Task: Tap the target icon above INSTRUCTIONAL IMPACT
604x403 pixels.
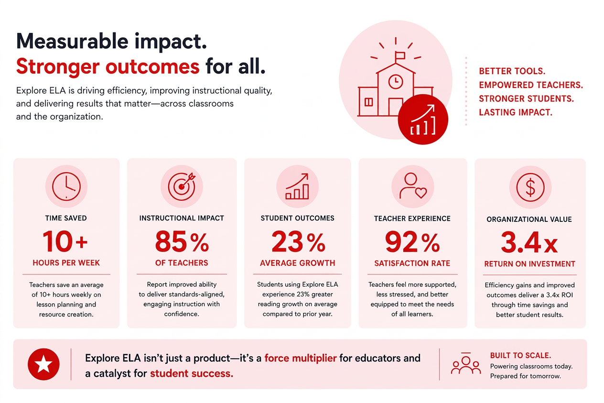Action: tap(182, 186)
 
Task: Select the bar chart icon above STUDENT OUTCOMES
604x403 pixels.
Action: tap(297, 186)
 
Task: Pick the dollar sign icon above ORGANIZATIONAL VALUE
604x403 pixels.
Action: tap(530, 187)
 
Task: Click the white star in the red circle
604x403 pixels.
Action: tap(43, 364)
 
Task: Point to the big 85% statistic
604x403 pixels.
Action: tap(182, 241)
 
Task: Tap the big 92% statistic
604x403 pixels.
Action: tap(412, 242)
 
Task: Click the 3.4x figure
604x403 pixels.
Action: tap(529, 242)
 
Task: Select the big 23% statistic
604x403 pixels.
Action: tap(298, 241)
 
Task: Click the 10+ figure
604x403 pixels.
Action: tap(65, 241)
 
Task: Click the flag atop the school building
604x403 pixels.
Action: tap(400, 56)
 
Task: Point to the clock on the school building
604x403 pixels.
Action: tap(396, 81)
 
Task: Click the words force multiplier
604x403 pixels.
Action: tap(301, 358)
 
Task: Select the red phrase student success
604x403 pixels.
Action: tap(192, 373)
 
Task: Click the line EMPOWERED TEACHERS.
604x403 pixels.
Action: tap(531, 85)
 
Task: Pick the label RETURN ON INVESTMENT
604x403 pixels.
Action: tap(529, 264)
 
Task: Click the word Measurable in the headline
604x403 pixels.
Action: tap(72, 41)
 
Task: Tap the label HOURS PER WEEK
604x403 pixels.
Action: tap(66, 263)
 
